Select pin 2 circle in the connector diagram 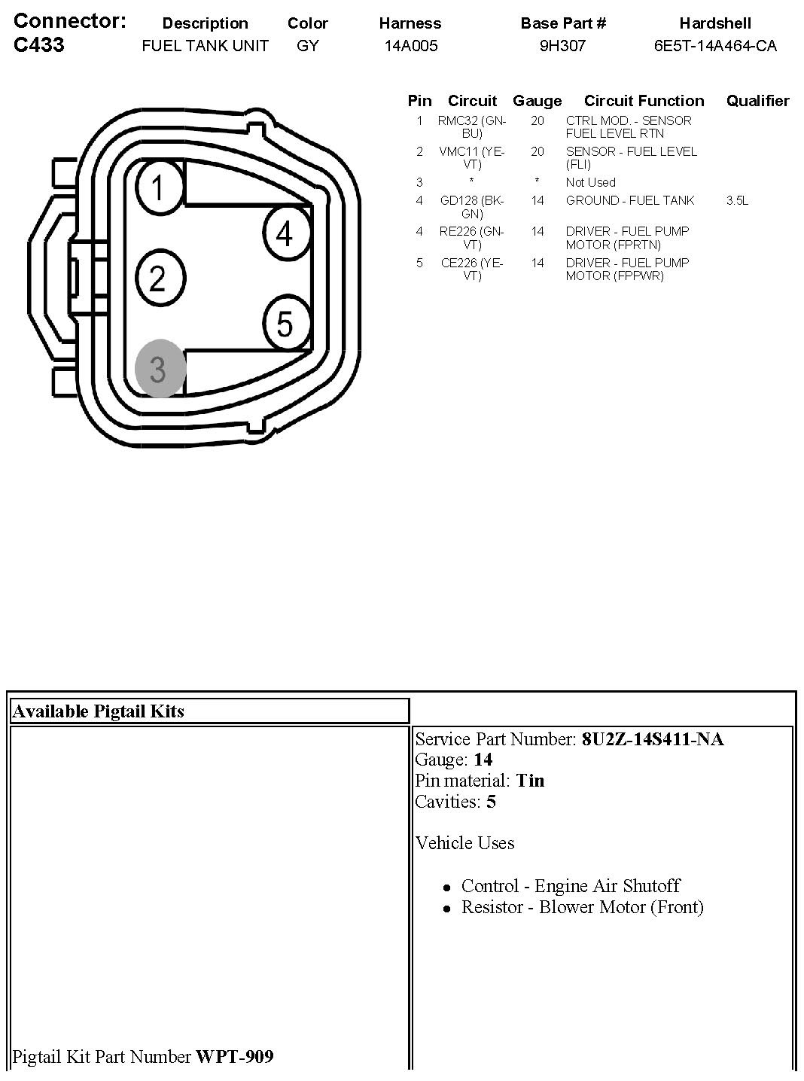[x=158, y=279]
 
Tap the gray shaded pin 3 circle [x=158, y=369]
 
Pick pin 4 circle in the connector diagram [x=285, y=234]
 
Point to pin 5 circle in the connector [x=285, y=324]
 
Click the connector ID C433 [x=39, y=45]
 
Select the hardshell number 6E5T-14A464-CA [x=715, y=46]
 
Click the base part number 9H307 [x=562, y=46]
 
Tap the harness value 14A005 [x=410, y=46]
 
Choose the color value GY [x=307, y=46]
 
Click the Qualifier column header [x=757, y=101]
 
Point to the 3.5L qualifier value [x=737, y=200]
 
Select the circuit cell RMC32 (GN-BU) [x=472, y=126]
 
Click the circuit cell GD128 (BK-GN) [x=472, y=207]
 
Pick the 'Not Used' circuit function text [x=590, y=182]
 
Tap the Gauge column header [x=537, y=101]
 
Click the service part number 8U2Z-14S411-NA [x=653, y=739]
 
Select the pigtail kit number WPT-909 [x=235, y=1057]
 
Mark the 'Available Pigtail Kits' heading [x=99, y=711]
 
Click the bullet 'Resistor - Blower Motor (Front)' [x=582, y=907]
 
